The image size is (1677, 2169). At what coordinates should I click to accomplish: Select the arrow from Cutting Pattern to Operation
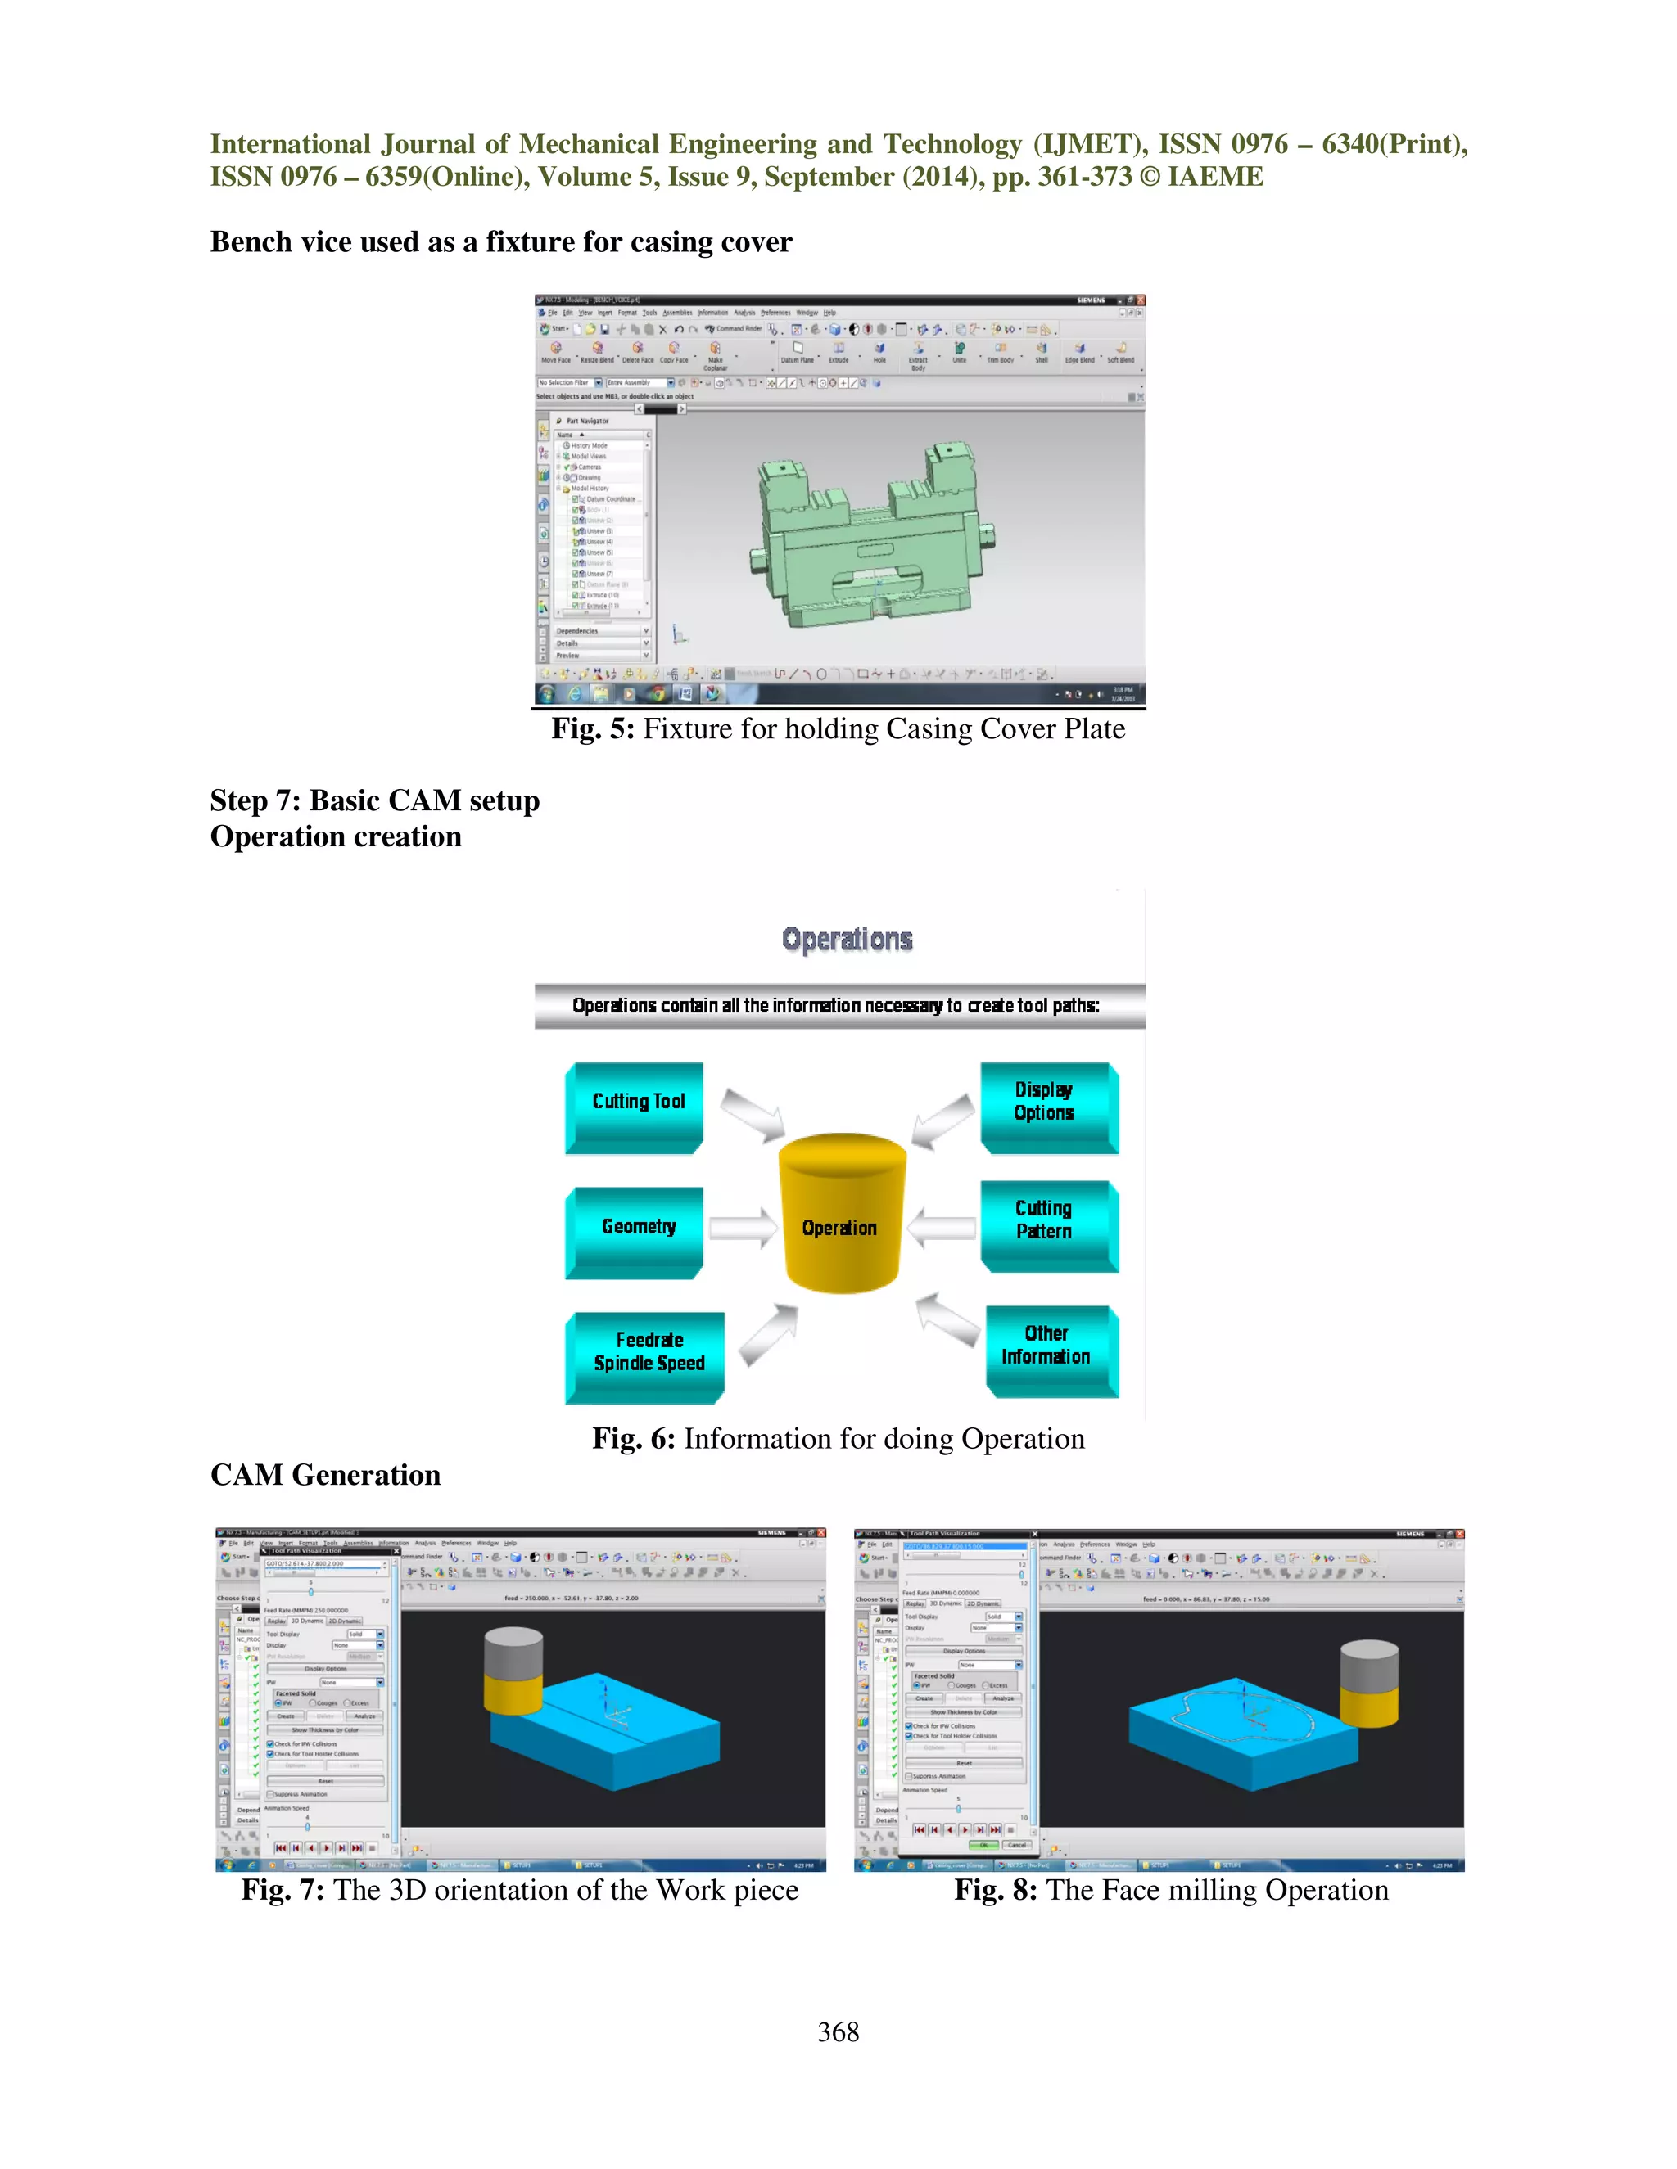941,1229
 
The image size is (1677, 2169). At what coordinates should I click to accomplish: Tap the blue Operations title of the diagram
848,940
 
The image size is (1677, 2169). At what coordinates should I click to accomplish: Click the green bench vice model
875,541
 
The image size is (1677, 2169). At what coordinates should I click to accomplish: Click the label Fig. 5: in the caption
593,729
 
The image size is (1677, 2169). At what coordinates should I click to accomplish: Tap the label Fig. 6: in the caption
634,1439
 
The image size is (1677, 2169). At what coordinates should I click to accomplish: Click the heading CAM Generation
325,1476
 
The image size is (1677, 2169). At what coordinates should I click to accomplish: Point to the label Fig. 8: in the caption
996,1890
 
